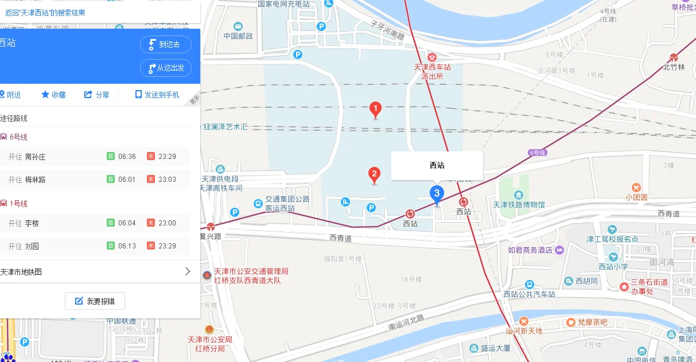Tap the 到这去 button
[x=165, y=44]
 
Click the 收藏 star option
[x=53, y=95]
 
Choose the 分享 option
[x=96, y=95]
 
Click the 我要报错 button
[x=95, y=301]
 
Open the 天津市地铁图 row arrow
[x=187, y=272]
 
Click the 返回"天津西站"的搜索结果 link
[x=45, y=12]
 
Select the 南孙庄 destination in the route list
[x=36, y=157]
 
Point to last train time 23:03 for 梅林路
[x=167, y=180]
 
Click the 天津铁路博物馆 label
[x=519, y=204]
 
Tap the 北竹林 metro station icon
[x=674, y=57]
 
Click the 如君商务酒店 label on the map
[x=530, y=250]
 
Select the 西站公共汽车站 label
[x=529, y=294]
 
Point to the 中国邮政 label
[x=238, y=36]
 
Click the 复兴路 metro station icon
[x=211, y=226]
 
